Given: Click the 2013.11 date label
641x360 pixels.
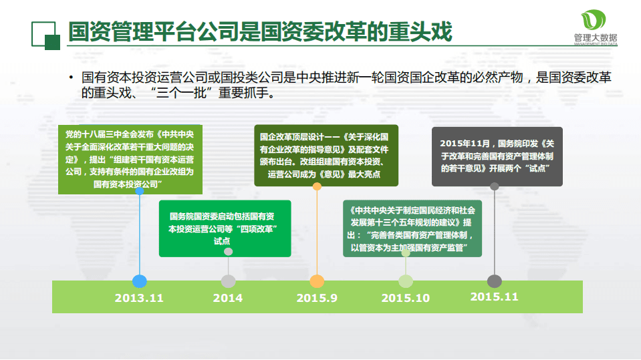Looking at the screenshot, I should click(x=139, y=298).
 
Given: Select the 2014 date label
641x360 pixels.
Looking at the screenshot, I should click(x=228, y=298).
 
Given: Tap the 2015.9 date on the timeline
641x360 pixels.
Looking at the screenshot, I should click(x=317, y=298).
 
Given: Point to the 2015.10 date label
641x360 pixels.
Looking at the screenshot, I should click(x=406, y=298).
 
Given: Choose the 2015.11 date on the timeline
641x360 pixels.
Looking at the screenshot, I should click(x=494, y=297).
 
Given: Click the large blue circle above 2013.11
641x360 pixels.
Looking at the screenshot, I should click(x=139, y=281).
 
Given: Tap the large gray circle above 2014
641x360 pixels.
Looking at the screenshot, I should click(x=229, y=281).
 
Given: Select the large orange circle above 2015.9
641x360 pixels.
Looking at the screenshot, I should click(x=317, y=281).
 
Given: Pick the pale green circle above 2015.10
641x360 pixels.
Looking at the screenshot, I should click(x=406, y=281).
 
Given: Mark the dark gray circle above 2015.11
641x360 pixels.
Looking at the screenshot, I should click(x=495, y=281).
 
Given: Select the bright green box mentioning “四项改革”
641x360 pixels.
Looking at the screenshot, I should click(x=225, y=228).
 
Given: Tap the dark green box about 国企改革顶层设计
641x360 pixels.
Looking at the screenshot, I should click(x=327, y=156).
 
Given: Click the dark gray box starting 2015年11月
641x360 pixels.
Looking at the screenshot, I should click(x=497, y=156).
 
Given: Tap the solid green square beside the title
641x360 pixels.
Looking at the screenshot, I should click(x=53, y=41).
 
